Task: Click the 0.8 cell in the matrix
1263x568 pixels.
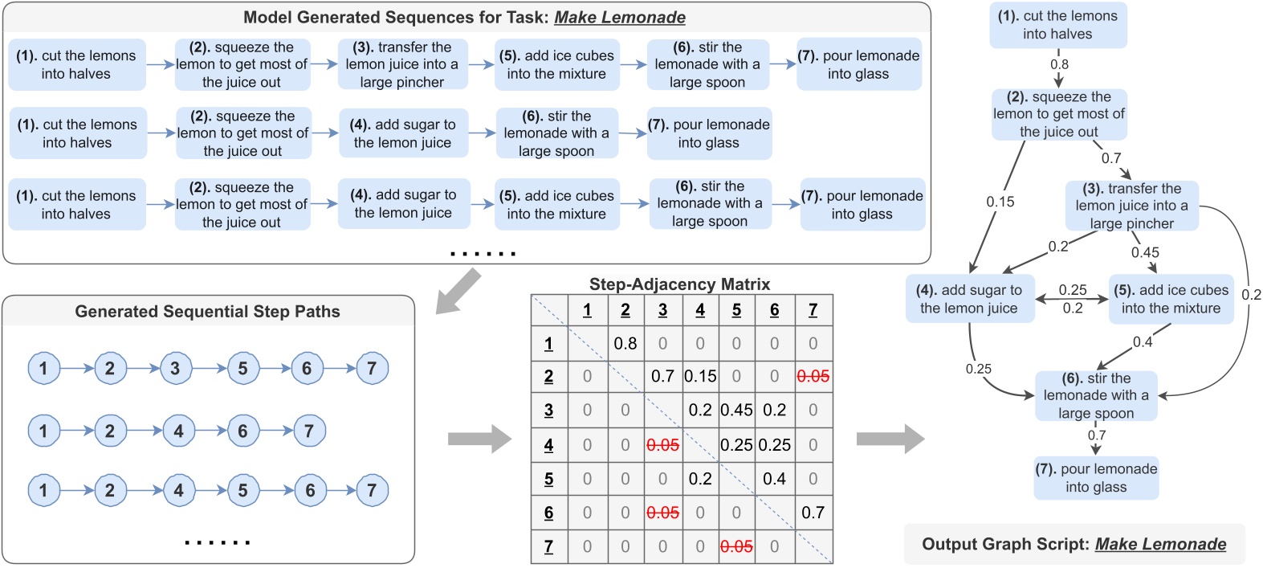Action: tap(625, 344)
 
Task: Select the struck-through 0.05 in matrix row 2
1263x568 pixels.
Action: tap(813, 376)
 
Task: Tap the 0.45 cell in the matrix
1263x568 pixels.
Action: tap(736, 410)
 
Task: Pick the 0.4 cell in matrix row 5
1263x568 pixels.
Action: tap(774, 479)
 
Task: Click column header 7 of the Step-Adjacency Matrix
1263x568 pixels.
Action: tap(813, 310)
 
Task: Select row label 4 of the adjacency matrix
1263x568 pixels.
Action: tap(548, 445)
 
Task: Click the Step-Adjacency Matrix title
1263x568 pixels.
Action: tap(679, 284)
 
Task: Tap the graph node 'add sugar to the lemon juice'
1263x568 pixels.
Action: tap(970, 299)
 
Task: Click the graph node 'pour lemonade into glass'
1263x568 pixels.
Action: tap(1096, 478)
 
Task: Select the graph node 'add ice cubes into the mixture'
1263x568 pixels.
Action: tap(1171, 299)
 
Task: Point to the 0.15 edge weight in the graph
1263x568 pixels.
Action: tap(1000, 202)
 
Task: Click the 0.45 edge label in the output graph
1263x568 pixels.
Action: tap(1145, 252)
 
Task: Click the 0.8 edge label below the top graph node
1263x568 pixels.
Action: tap(1059, 64)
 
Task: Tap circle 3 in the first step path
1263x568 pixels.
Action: tap(175, 369)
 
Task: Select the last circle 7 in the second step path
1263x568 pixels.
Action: tap(309, 431)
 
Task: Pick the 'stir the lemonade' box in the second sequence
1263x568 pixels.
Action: tap(556, 133)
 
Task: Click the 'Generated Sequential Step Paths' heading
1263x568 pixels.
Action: tap(207, 312)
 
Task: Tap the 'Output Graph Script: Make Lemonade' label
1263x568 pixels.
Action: tap(1074, 544)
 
